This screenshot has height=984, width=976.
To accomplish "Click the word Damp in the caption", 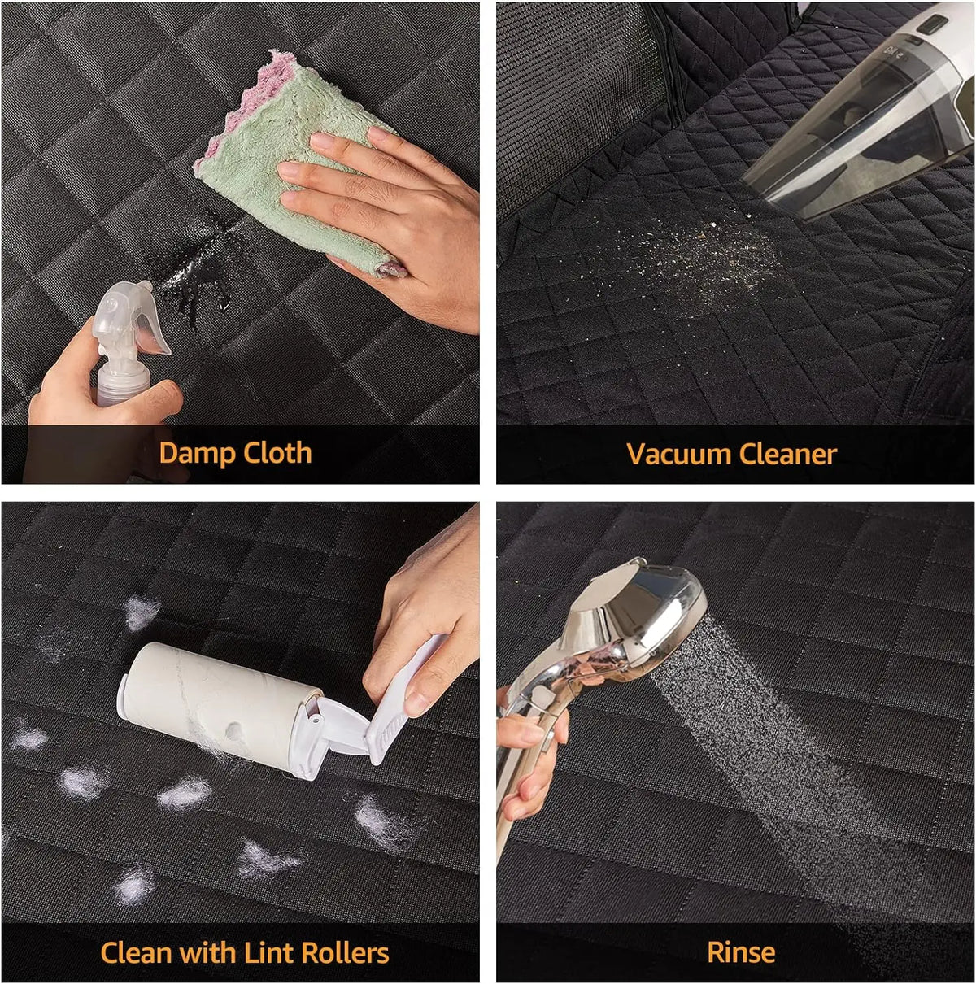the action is [x=196, y=454].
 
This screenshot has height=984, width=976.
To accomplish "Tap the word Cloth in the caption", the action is [x=277, y=452].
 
